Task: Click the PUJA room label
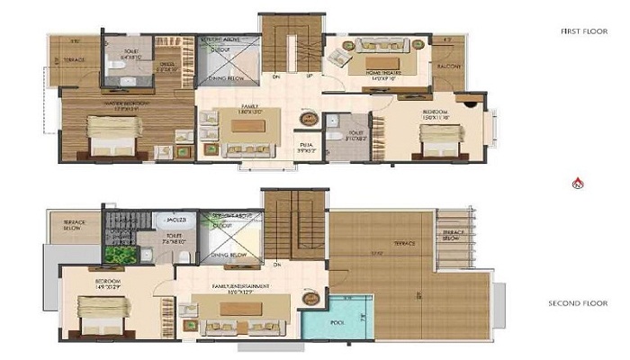[306, 144]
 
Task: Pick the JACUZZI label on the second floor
[176, 219]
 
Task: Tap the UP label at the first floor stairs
[310, 76]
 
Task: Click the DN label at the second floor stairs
[278, 264]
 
